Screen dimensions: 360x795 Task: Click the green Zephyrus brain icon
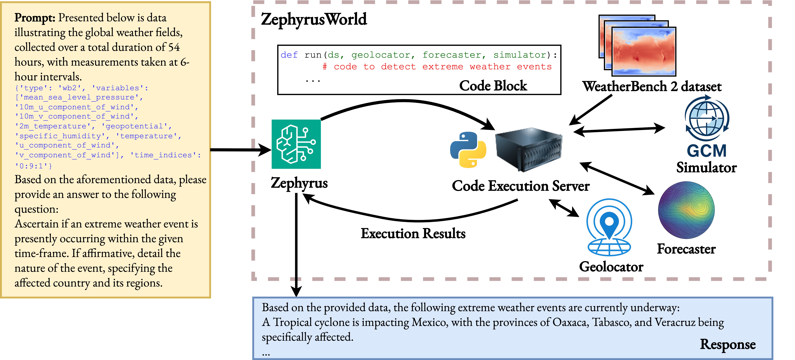pyautogui.click(x=296, y=144)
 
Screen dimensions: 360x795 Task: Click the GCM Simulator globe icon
pyautogui.click(x=707, y=119)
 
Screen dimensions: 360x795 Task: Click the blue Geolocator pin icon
pyautogui.click(x=609, y=227)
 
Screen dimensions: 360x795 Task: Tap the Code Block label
pyautogui.click(x=493, y=86)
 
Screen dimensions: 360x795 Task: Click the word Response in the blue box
pyautogui.click(x=727, y=344)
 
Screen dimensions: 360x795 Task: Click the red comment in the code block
pyautogui.click(x=437, y=67)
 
